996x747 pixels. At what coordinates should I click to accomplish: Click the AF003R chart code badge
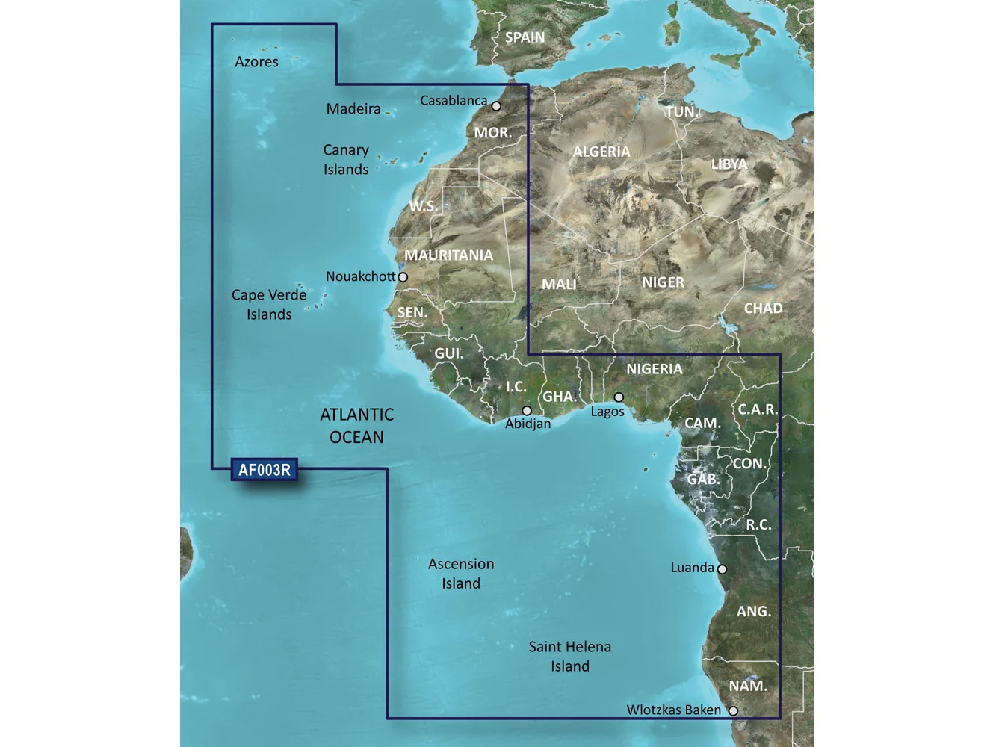[x=264, y=470]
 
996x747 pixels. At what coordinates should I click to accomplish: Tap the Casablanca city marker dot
[x=496, y=106]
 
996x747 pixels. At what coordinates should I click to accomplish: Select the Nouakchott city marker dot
[x=403, y=277]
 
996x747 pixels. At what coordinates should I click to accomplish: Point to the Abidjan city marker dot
[x=527, y=411]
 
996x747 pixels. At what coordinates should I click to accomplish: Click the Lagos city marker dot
[x=619, y=397]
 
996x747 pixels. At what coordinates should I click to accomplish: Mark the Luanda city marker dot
[x=722, y=569]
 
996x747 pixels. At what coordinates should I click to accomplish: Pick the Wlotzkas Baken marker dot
[x=733, y=711]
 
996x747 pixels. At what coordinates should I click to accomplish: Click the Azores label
[x=256, y=62]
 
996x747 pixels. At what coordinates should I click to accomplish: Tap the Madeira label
[x=353, y=109]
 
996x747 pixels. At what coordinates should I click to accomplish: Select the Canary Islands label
[x=346, y=160]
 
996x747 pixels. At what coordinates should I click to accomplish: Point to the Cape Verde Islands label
[x=269, y=305]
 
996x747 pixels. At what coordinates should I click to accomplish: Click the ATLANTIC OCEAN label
[x=356, y=426]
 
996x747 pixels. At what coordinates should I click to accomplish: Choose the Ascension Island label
[x=461, y=574]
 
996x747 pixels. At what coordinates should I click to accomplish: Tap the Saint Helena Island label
[x=570, y=657]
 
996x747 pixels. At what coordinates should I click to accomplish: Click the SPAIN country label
[x=525, y=37]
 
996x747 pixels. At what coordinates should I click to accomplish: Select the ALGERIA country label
[x=601, y=152]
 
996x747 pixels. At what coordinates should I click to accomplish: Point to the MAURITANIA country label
[x=448, y=255]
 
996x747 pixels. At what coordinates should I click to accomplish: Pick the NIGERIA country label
[x=654, y=369]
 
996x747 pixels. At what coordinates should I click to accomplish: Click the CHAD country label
[x=763, y=309]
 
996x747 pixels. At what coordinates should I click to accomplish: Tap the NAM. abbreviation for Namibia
[x=748, y=686]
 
